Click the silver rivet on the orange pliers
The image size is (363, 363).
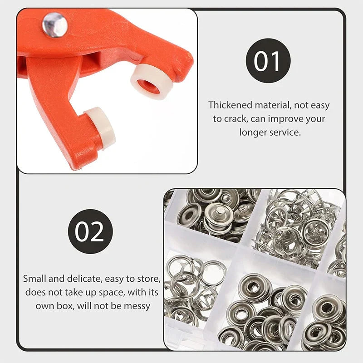click(x=55, y=25)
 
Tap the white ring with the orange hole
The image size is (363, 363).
click(x=149, y=81)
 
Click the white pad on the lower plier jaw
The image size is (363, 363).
click(x=100, y=128)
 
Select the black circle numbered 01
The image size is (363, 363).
click(x=268, y=61)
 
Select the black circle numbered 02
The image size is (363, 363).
click(x=90, y=231)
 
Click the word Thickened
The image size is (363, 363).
click(x=230, y=105)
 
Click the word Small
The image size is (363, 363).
click(x=34, y=279)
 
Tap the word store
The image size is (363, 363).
click(x=149, y=279)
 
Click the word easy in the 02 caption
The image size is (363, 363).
click(x=115, y=279)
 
